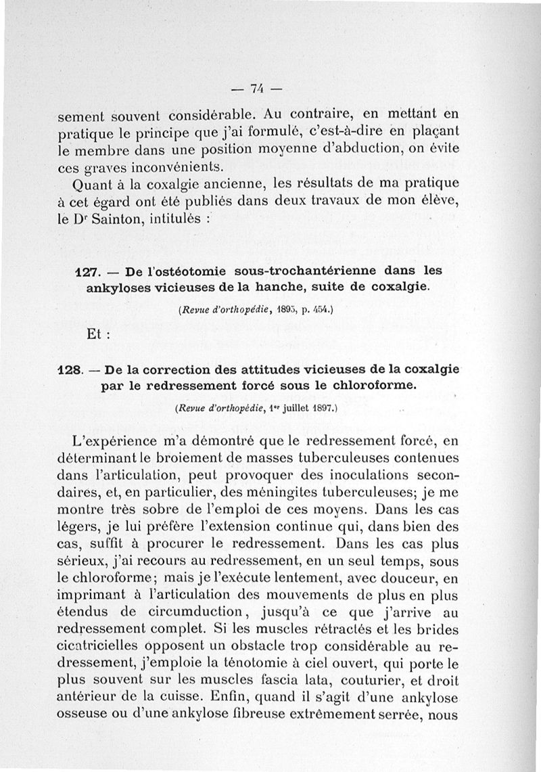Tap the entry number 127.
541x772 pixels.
87,271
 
